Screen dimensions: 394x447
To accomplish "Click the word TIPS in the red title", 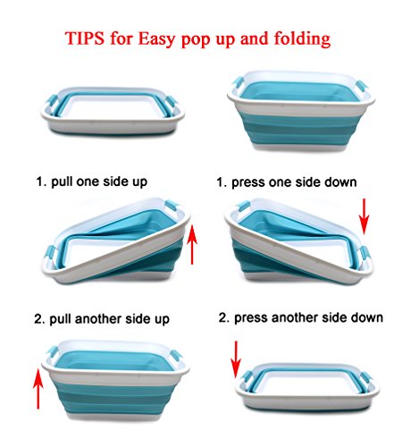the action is coord(85,38).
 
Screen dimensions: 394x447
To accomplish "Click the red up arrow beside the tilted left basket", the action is coord(192,244).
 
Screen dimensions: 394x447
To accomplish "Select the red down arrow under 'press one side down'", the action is coord(364,216).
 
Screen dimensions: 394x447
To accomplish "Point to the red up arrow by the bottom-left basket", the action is coord(38,388).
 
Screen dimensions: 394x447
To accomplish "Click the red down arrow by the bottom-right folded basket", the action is coord(236,359).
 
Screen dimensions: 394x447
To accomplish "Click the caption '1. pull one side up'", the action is coord(92,181).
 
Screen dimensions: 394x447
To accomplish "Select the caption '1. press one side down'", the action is coord(287,182).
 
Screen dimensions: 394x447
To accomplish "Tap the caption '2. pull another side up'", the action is coord(102,319).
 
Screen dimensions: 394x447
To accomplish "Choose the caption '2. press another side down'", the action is coord(301,317).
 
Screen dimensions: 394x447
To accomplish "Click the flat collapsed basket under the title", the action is coord(113,111).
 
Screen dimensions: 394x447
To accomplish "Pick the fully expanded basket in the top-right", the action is coord(301,111).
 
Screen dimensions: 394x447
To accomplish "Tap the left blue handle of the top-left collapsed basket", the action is coord(52,101).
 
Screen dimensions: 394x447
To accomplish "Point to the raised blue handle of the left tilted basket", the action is coord(172,207).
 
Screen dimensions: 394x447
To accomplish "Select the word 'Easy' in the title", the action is coord(156,38).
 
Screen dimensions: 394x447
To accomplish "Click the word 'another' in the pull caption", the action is coord(98,319).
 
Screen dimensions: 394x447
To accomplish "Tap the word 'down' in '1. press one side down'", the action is coord(340,181).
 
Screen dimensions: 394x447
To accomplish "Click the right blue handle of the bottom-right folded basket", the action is coord(367,379).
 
